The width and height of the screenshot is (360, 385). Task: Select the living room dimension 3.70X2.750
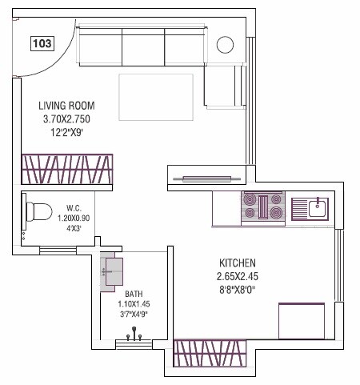click(67, 119)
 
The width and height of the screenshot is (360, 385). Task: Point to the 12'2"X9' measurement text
click(67, 133)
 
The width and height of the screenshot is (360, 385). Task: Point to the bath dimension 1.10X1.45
click(133, 304)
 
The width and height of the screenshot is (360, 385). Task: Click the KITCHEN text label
click(238, 263)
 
